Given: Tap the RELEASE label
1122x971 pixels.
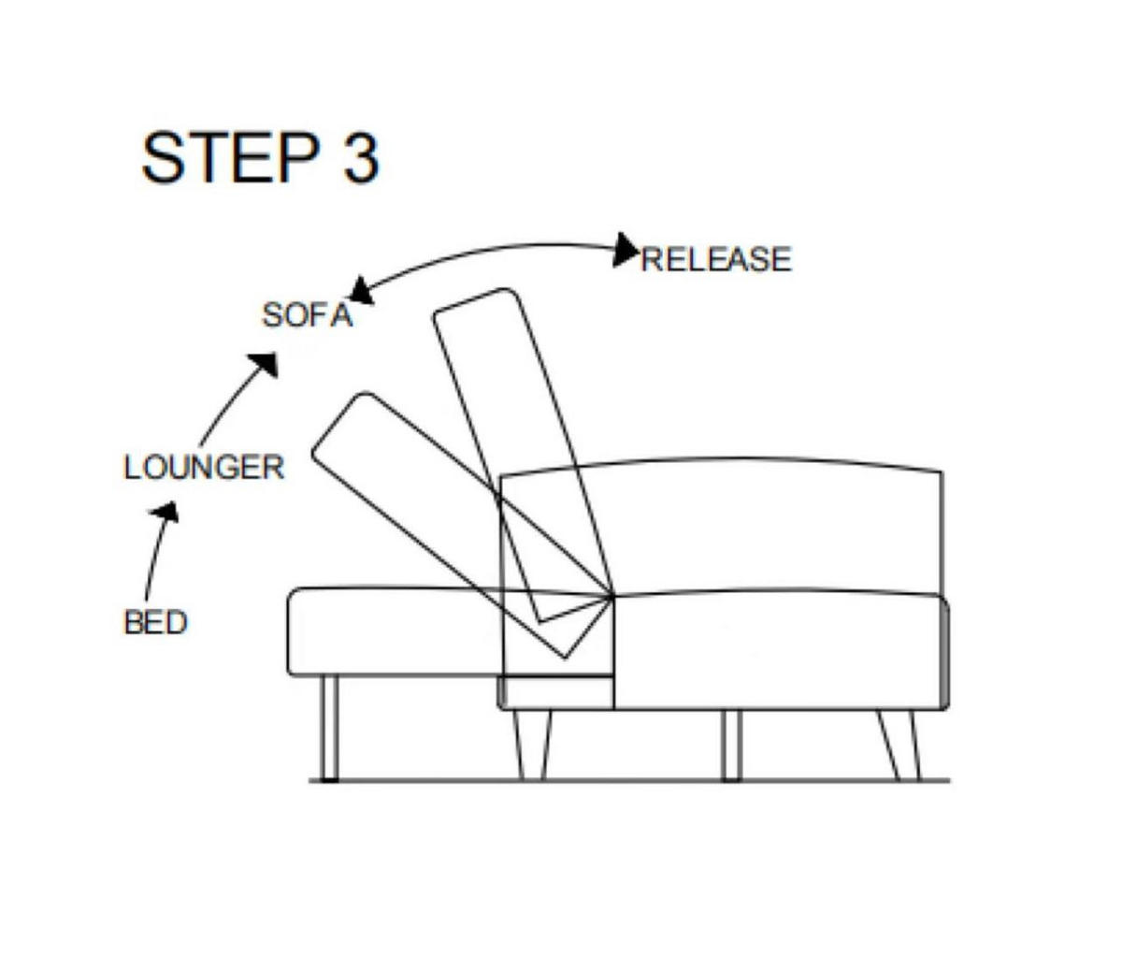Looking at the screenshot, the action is pos(716,259).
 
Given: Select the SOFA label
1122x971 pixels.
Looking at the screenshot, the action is pos(308,315).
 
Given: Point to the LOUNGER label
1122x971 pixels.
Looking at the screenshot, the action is pos(204,467).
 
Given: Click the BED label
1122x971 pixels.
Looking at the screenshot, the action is pos(156,622).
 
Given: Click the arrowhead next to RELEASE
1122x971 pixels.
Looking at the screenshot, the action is pos(626,250).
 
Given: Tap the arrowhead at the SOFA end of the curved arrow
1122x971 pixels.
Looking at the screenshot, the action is pos(360,292).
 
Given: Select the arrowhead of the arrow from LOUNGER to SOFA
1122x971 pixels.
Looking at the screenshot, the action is pos(265,363).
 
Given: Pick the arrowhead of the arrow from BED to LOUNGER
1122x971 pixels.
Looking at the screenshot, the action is pos(166,512).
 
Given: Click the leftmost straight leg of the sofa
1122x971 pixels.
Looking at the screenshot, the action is pos(328,729).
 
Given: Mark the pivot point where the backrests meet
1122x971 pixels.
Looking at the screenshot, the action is pos(612,597).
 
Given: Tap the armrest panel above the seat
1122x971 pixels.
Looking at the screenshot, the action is pos(722,527).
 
